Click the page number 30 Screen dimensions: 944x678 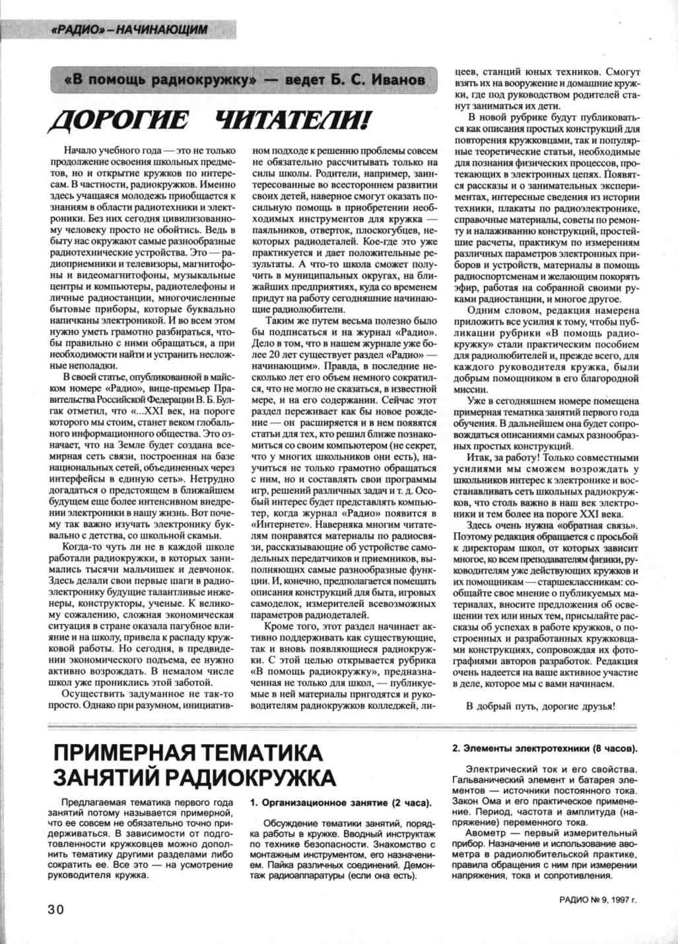(x=54, y=908)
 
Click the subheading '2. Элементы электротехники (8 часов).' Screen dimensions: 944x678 (x=545, y=749)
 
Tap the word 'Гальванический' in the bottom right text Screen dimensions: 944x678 (x=487, y=780)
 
